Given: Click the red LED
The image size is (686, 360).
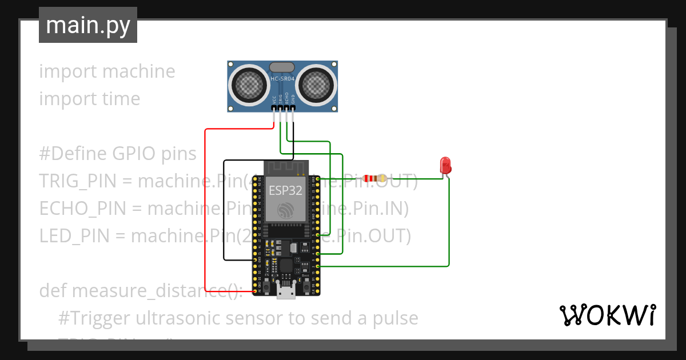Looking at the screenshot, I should point(445,165).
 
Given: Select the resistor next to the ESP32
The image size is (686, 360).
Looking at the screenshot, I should point(375,178).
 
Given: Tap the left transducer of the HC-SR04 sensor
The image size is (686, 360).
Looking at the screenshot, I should point(249,85).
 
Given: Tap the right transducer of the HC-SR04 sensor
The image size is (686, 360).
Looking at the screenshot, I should point(316,85).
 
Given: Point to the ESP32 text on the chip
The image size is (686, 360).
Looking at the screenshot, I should point(285,190).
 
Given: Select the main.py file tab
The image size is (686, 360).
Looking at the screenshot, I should point(88,25).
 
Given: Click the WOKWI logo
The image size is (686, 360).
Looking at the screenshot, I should point(607,315).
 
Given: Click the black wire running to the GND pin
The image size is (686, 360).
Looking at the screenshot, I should point(224,211).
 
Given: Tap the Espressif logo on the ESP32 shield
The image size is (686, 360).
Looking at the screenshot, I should point(285,210).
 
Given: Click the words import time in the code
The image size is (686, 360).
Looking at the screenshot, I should point(90,99).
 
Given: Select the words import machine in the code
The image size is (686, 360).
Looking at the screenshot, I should point(107,71).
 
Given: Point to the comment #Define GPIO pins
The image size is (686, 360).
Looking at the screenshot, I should point(118,154).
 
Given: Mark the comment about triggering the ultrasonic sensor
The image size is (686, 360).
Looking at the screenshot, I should point(238,318).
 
